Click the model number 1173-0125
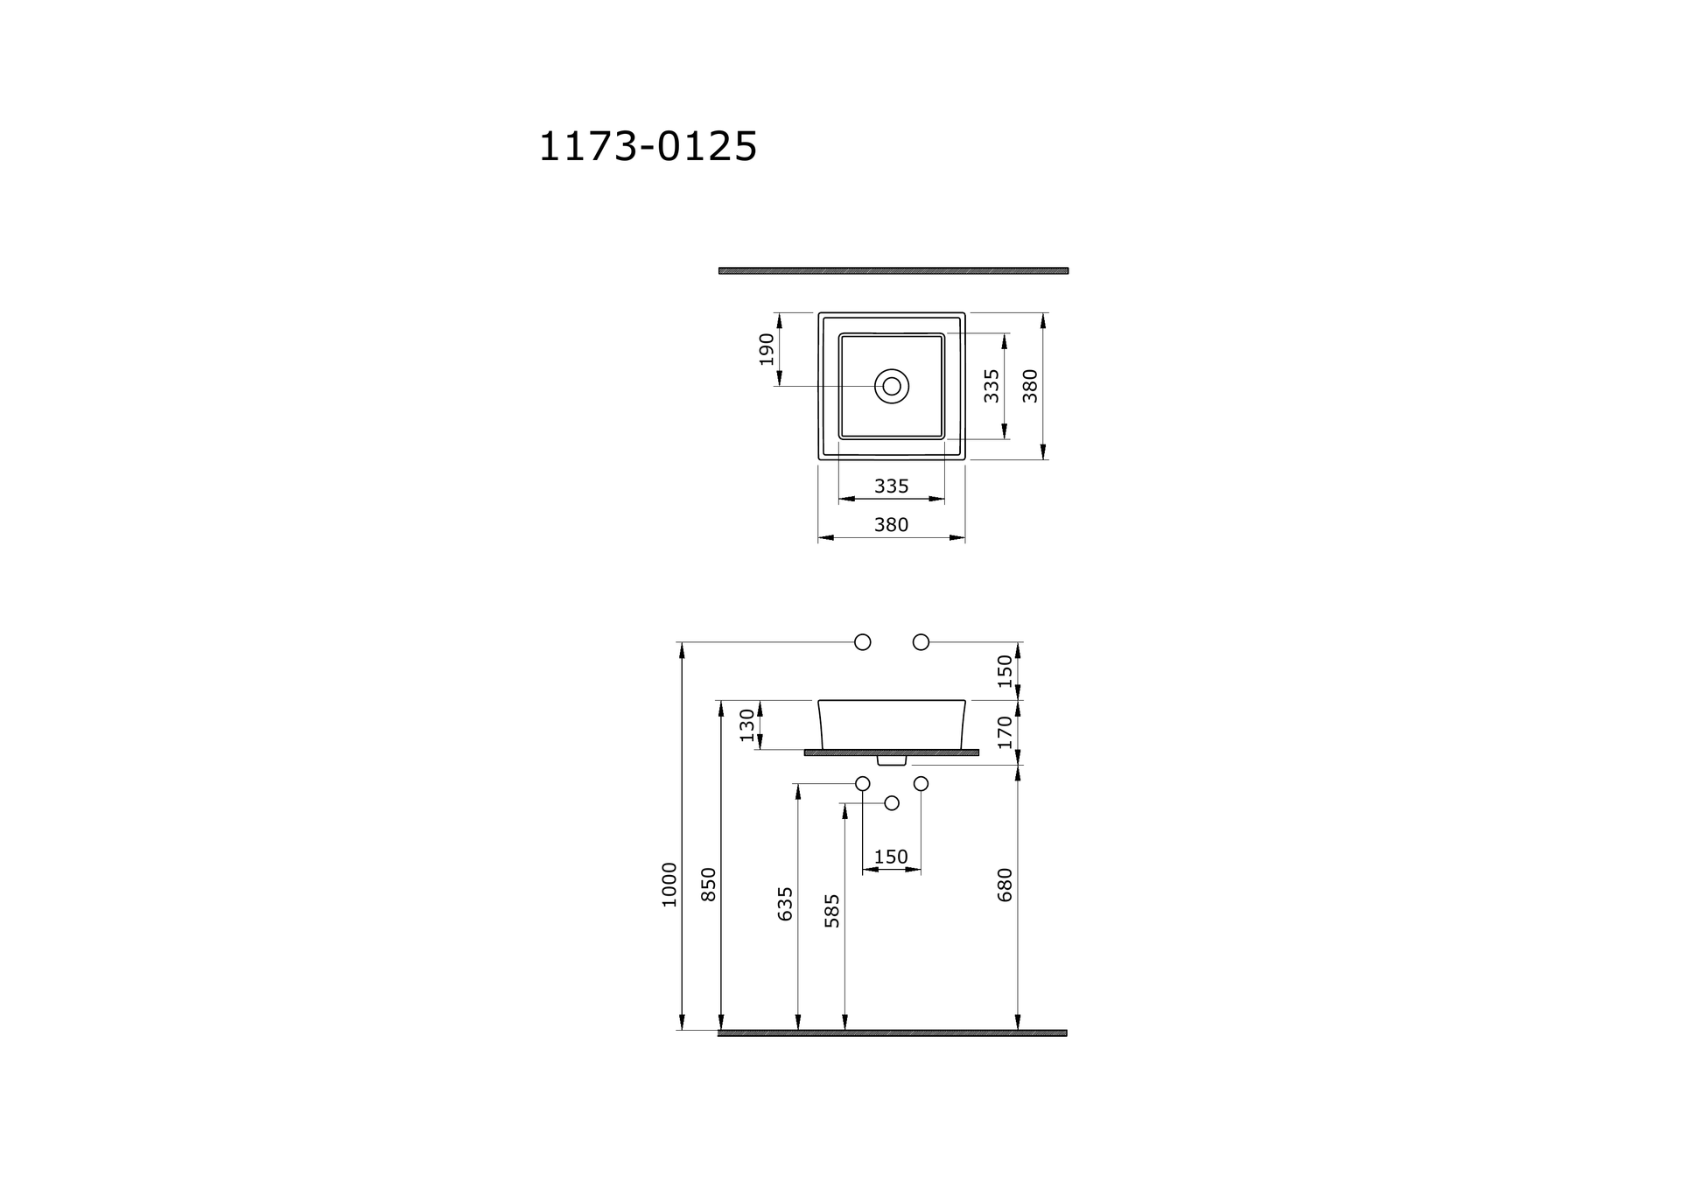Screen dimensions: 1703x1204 648,146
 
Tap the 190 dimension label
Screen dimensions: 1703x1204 767,349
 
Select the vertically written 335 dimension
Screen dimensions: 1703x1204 991,386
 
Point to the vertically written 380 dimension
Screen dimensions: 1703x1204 1030,386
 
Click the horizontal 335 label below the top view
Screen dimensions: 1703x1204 892,486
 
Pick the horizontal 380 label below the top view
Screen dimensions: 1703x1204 892,525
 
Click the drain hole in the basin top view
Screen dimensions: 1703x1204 892,386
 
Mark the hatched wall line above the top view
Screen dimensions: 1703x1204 894,270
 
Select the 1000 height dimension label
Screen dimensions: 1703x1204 669,885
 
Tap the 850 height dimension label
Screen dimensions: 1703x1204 709,885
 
